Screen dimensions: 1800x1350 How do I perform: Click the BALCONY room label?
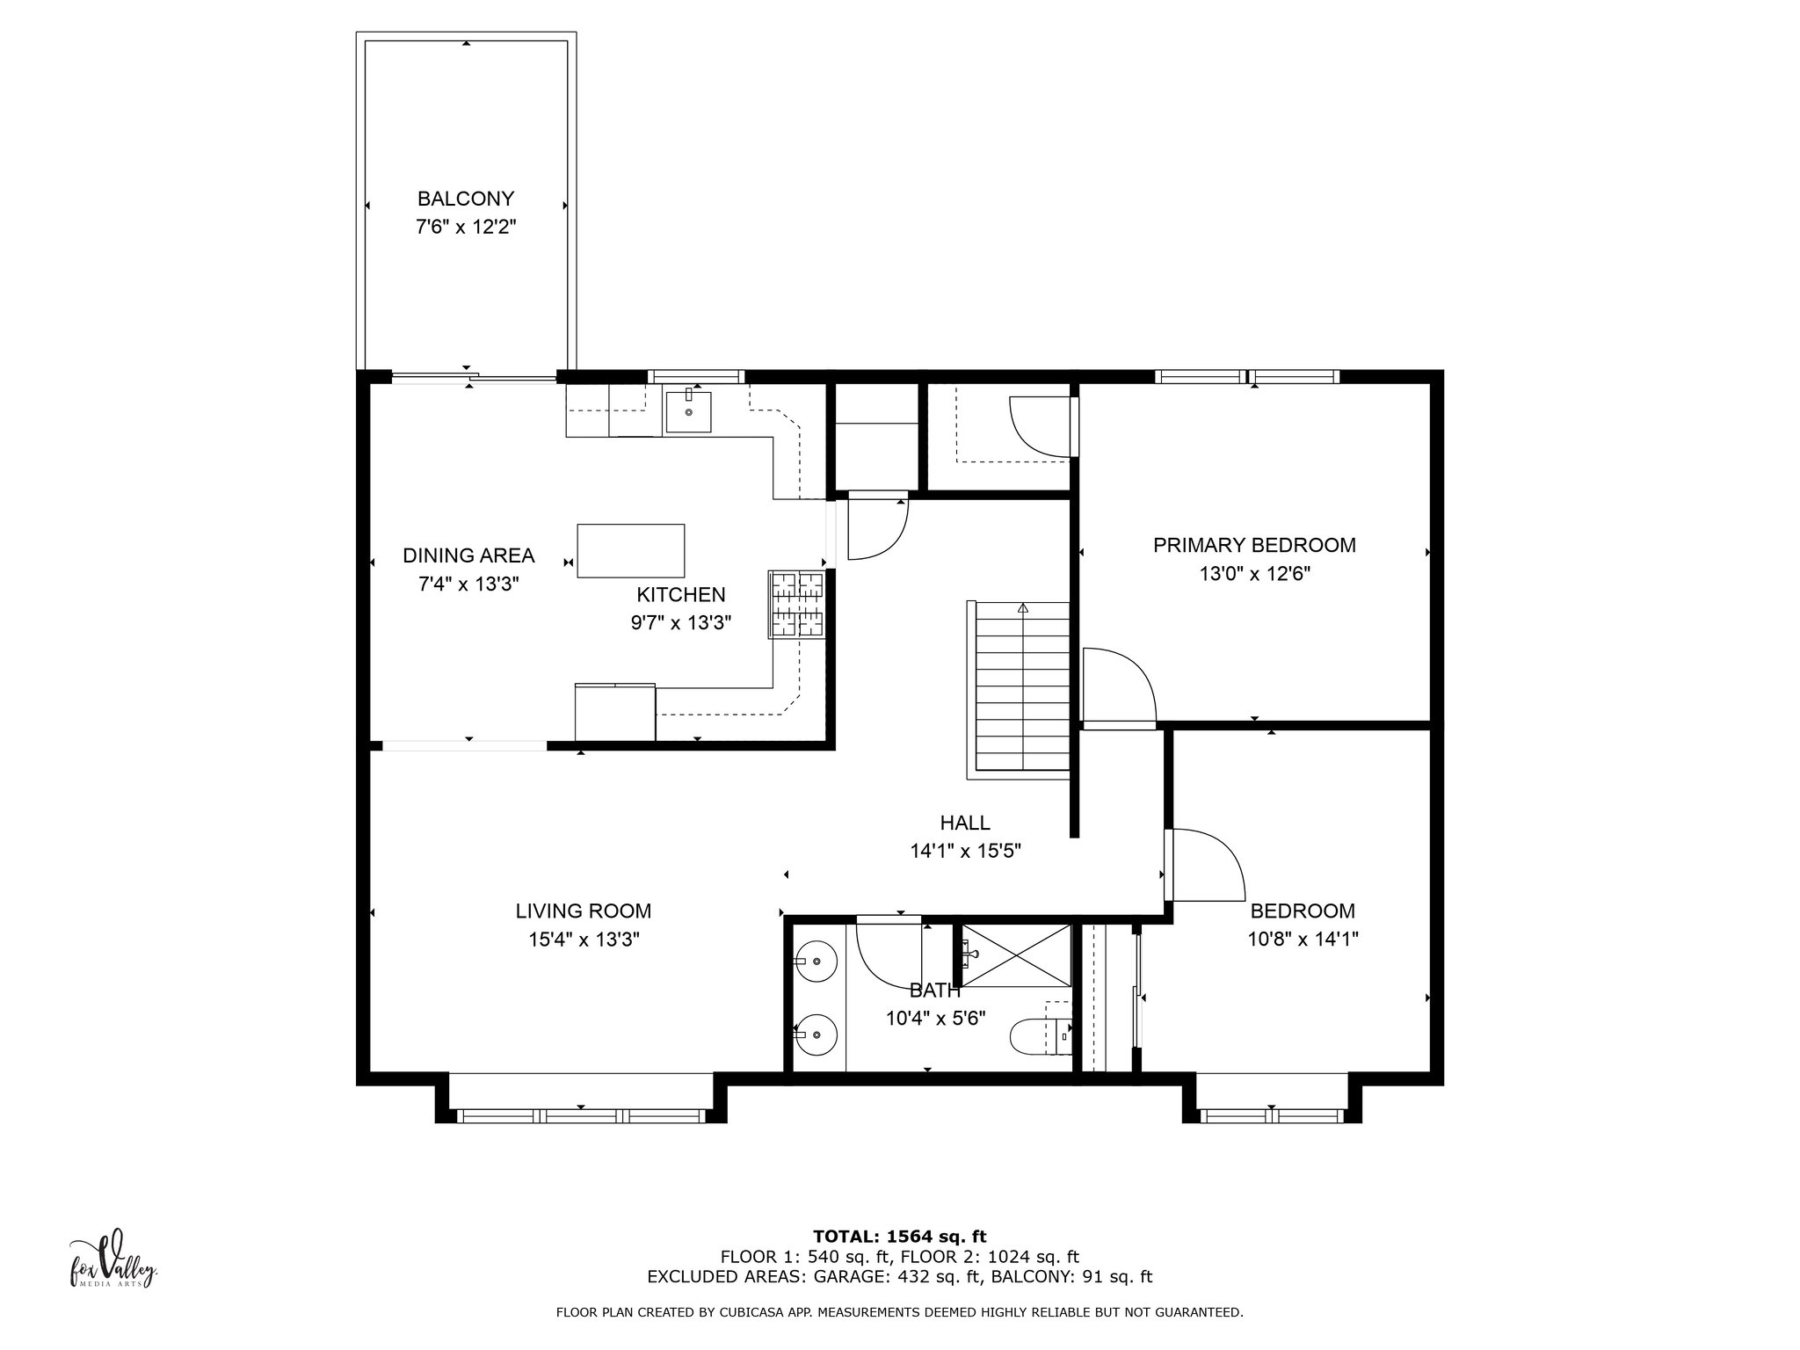point(465,199)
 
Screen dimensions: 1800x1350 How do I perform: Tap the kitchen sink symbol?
point(688,411)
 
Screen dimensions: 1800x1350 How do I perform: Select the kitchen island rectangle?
point(630,550)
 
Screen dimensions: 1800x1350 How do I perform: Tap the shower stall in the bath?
point(1016,955)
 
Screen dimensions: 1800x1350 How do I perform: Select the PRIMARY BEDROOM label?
point(1254,545)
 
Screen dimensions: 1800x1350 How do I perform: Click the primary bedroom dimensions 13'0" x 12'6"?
point(1254,574)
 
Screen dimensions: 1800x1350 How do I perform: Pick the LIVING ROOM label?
point(584,911)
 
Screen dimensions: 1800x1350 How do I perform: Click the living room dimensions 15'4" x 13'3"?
point(584,940)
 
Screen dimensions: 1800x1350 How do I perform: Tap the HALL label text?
point(965,823)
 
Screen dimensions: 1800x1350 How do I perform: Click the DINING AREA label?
point(468,555)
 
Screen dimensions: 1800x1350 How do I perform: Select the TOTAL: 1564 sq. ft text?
point(900,1237)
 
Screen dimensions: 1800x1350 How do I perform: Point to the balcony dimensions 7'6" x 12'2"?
point(465,227)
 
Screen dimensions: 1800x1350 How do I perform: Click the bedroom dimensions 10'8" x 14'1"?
point(1303,940)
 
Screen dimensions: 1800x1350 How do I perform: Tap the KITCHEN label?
point(681,595)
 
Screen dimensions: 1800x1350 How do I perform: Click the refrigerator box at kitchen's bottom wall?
point(615,712)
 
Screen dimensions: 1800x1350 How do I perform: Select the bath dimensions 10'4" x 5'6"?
point(935,1019)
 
